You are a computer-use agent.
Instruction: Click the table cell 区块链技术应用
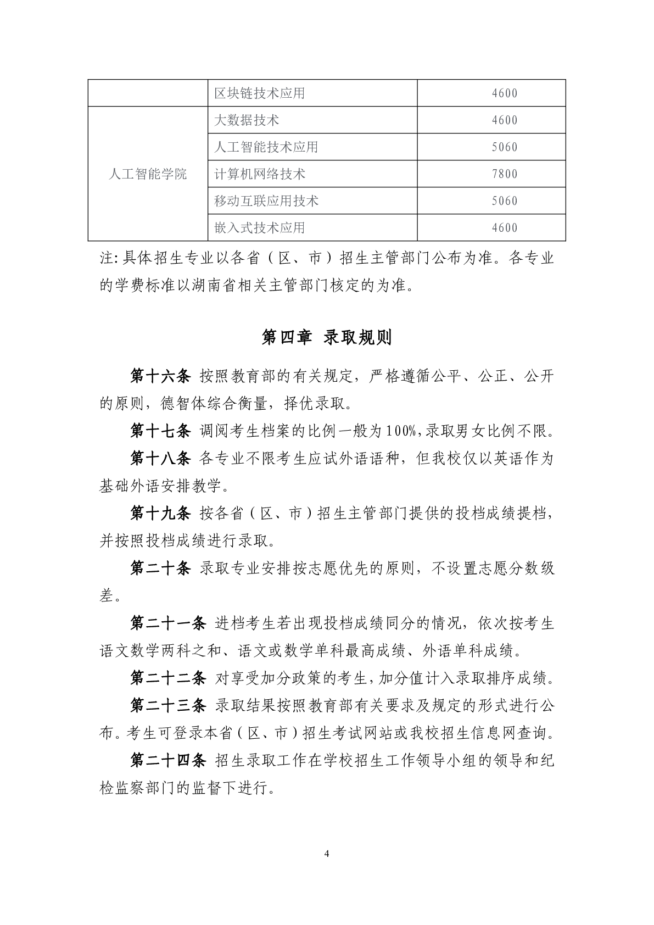pos(259,93)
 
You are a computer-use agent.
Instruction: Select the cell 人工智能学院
pos(148,174)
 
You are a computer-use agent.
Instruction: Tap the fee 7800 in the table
pos(505,174)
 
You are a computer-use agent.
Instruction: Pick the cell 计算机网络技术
pos(259,174)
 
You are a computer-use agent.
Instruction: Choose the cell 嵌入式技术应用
pos(259,228)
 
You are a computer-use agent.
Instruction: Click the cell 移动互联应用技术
pos(266,201)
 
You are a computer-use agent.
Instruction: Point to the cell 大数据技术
pos(246,120)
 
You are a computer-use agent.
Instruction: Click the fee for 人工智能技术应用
pos(505,147)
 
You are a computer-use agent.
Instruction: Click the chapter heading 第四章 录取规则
pos(327,337)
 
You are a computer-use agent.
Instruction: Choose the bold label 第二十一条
pos(167,623)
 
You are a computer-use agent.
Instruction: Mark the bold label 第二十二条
pos(167,678)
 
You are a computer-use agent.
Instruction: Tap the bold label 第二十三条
pos(167,705)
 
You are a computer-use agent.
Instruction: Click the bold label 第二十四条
pos(167,760)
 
